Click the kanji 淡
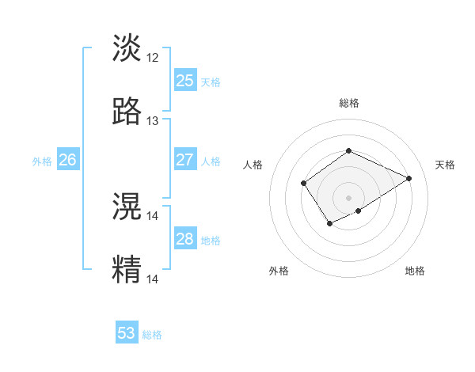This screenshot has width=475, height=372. point(127,48)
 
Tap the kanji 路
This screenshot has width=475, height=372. point(127,112)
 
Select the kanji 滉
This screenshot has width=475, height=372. point(127,207)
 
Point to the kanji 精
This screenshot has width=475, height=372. point(127,270)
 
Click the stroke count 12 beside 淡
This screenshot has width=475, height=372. point(153,58)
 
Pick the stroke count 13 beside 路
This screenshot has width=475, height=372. point(153,121)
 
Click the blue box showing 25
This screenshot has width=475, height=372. point(184,81)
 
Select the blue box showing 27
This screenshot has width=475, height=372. point(184,160)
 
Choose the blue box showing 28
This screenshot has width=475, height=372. point(184,239)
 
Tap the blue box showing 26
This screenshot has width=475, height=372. point(67,160)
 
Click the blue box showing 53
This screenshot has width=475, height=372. point(127,333)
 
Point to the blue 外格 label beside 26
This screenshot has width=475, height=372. point(42,161)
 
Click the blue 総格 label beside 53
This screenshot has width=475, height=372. point(152,335)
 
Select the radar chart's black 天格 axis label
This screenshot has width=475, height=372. point(445,165)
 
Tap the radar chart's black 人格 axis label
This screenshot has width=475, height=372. point(253,165)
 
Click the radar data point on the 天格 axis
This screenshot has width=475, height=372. point(409,178)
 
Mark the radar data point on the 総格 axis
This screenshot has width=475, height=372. point(348,150)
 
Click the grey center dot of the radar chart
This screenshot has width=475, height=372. point(348,197)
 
